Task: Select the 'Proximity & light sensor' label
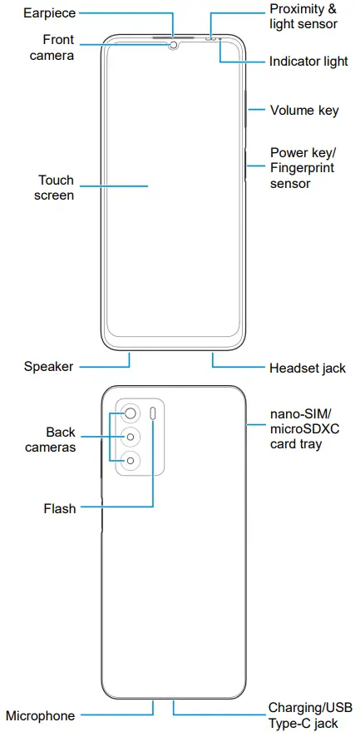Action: pos(303,16)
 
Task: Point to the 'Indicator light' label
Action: pos(308,62)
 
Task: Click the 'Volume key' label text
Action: pos(304,110)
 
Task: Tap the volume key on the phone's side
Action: pos(248,110)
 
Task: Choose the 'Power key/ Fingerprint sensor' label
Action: pos(303,168)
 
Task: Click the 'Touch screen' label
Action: pos(56,187)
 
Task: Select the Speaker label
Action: pos(48,366)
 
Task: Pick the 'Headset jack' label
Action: pos(307,367)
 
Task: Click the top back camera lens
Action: pos(131,412)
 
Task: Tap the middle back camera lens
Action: pos(131,437)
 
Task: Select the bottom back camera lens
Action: pos(131,462)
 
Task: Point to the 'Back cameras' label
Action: pos(61,439)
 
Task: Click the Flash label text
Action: pos(60,508)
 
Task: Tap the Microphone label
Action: pos(41,715)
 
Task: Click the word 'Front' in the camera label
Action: pos(58,40)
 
